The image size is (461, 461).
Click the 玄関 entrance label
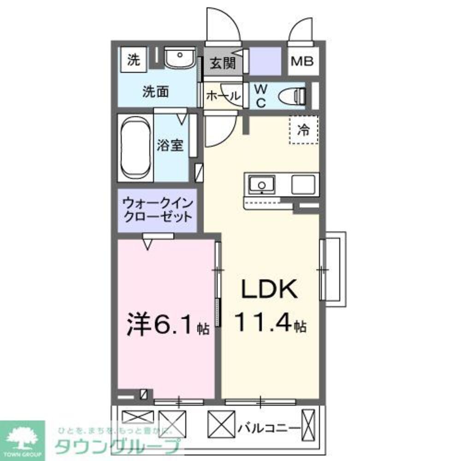(223, 63)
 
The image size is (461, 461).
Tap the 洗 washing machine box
(134, 60)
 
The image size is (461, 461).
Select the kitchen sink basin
(261, 185)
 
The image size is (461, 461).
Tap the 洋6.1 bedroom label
(161, 325)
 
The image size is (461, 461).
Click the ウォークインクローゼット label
(157, 210)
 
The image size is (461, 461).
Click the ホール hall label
(223, 96)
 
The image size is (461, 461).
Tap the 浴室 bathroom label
(170, 145)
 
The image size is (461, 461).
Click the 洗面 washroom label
(155, 92)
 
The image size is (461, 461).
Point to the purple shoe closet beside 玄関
(265, 61)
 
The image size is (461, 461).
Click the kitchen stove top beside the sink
(304, 184)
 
